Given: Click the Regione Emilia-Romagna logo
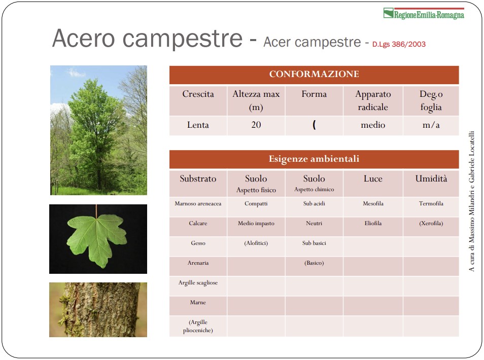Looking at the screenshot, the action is (x=424, y=14).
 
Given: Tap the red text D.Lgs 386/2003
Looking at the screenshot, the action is (x=399, y=44).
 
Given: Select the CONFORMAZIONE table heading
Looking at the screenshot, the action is (x=314, y=74).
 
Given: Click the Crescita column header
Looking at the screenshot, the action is (x=198, y=94).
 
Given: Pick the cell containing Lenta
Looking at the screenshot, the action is (x=198, y=125).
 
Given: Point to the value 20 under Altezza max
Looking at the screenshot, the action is (x=256, y=125).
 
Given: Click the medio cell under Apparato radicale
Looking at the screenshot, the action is (x=373, y=125).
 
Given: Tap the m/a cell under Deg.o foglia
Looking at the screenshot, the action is (x=431, y=125).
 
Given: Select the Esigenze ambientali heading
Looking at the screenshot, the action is (x=314, y=159).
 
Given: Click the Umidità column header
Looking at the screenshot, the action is (x=431, y=178).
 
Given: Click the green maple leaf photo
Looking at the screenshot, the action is (x=98, y=239).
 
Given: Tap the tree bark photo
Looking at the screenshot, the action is (x=98, y=310).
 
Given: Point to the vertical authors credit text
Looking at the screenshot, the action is (x=471, y=201).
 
